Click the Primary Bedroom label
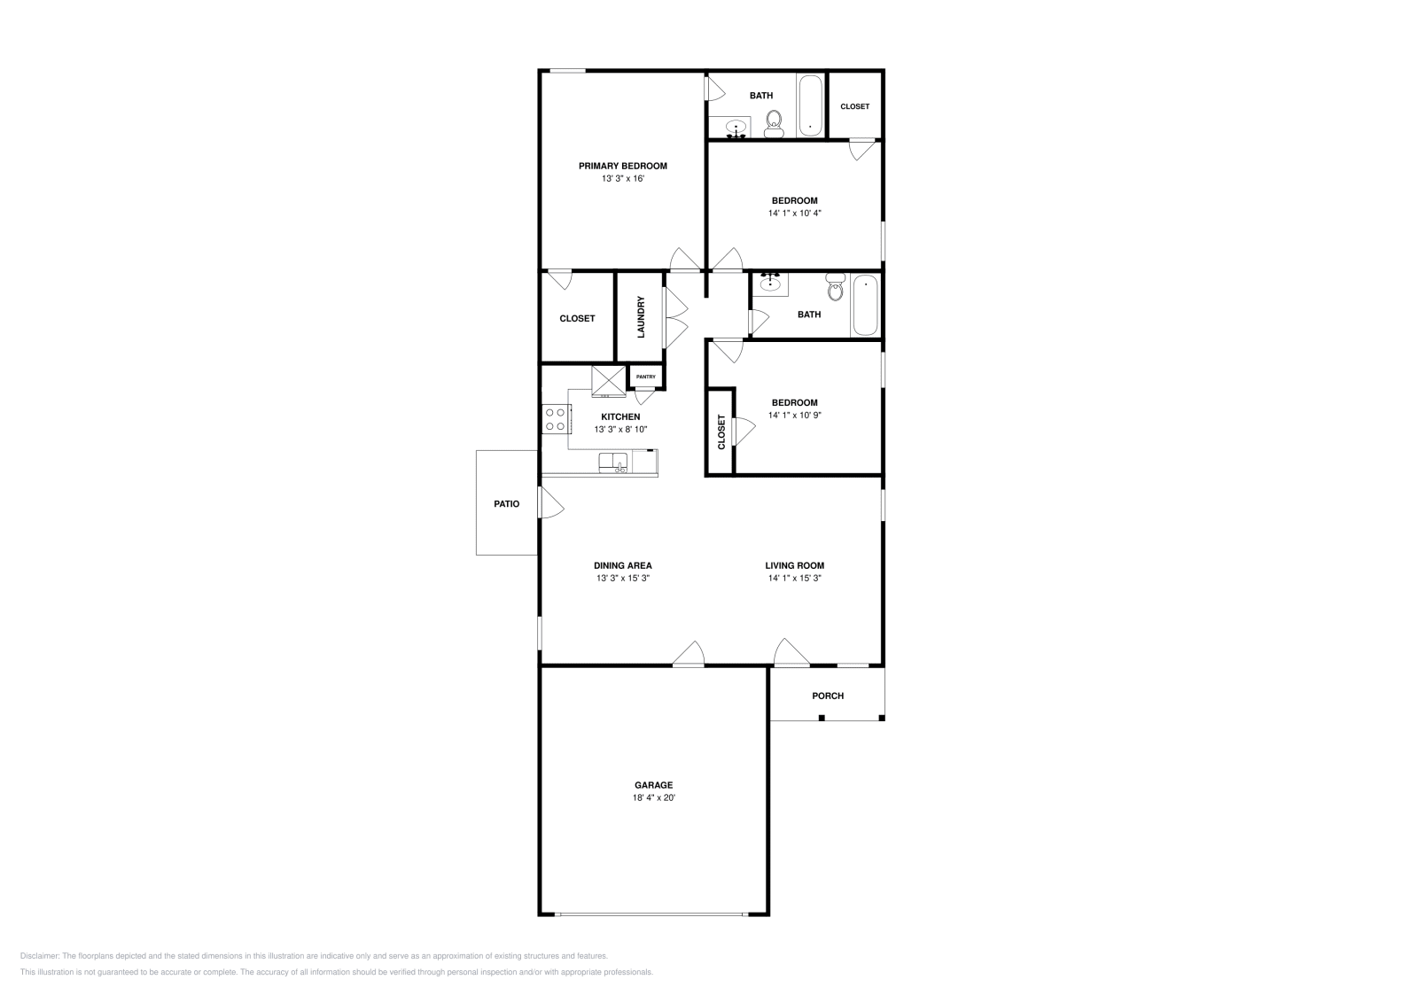[622, 166]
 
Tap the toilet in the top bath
[775, 124]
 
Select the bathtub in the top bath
[810, 106]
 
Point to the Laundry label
[641, 317]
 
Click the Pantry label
[646, 377]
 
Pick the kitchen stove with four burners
[556, 418]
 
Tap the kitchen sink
[613, 463]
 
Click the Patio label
[507, 503]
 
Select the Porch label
[828, 696]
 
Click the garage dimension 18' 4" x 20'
[653, 797]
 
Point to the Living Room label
[795, 565]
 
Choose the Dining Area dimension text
[623, 578]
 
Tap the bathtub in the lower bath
[865, 306]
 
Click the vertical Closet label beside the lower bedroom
[721, 432]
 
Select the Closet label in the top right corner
[854, 106]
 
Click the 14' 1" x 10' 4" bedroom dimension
[795, 213]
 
